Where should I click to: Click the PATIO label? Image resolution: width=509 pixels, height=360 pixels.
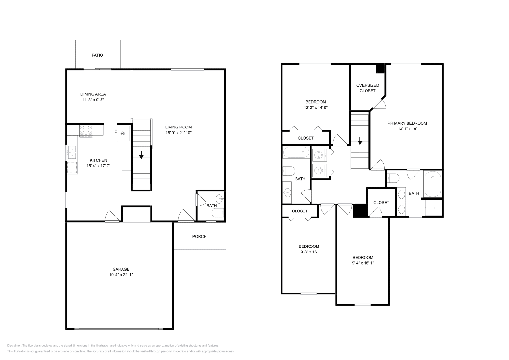click(97, 55)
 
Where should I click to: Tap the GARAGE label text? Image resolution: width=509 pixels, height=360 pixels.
click(121, 269)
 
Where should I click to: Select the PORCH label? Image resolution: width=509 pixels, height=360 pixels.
click(199, 236)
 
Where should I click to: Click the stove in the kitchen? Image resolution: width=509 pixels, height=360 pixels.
click(86, 132)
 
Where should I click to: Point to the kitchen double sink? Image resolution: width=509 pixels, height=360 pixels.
click(72, 152)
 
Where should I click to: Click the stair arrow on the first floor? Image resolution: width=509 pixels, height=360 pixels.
click(141, 155)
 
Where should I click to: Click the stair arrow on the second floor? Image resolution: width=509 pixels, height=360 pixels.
click(360, 141)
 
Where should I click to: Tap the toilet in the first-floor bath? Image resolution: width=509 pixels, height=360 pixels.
click(218, 213)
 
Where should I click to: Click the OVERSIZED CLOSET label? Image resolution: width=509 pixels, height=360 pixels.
click(368, 88)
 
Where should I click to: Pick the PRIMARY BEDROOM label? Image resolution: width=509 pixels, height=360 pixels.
click(407, 123)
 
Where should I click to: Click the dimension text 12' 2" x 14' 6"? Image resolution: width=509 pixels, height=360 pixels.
click(316, 108)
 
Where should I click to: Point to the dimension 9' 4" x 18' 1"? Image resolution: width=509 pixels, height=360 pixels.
click(363, 263)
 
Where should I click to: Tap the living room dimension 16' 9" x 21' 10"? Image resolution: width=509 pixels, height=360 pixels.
click(178, 133)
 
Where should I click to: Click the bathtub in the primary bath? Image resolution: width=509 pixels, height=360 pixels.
click(433, 184)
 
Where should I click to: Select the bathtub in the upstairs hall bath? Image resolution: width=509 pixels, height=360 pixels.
click(296, 152)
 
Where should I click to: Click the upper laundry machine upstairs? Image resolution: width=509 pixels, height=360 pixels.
click(319, 155)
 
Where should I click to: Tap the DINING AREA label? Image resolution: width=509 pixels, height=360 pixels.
click(93, 94)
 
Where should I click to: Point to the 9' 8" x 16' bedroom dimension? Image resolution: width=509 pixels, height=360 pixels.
click(309, 252)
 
